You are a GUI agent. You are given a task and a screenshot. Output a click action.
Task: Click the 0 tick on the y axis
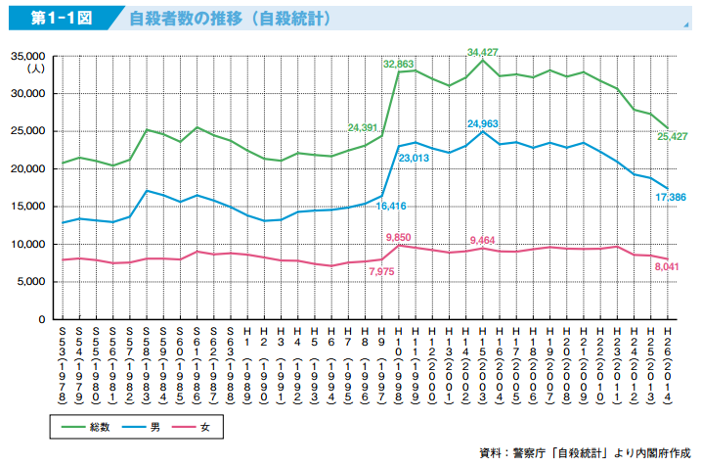(x=42, y=319)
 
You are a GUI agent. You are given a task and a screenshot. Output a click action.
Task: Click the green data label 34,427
(x=483, y=51)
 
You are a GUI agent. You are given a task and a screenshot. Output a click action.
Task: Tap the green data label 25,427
(x=673, y=136)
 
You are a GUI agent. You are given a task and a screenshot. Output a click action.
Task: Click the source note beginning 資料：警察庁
(x=585, y=452)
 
